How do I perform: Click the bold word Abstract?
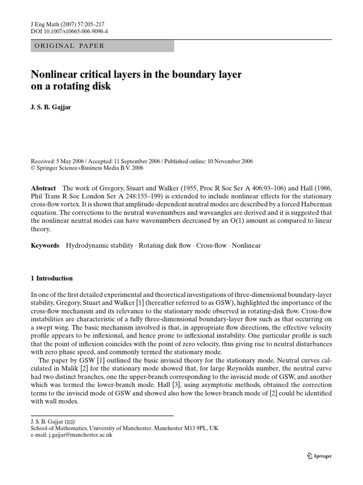point(43,188)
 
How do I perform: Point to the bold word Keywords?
point(45,245)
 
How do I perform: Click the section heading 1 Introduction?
point(52,278)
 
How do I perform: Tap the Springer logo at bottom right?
point(320,456)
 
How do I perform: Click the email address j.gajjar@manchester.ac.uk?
point(81,435)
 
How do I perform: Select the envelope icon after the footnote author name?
point(70,421)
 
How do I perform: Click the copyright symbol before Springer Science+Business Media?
point(33,168)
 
